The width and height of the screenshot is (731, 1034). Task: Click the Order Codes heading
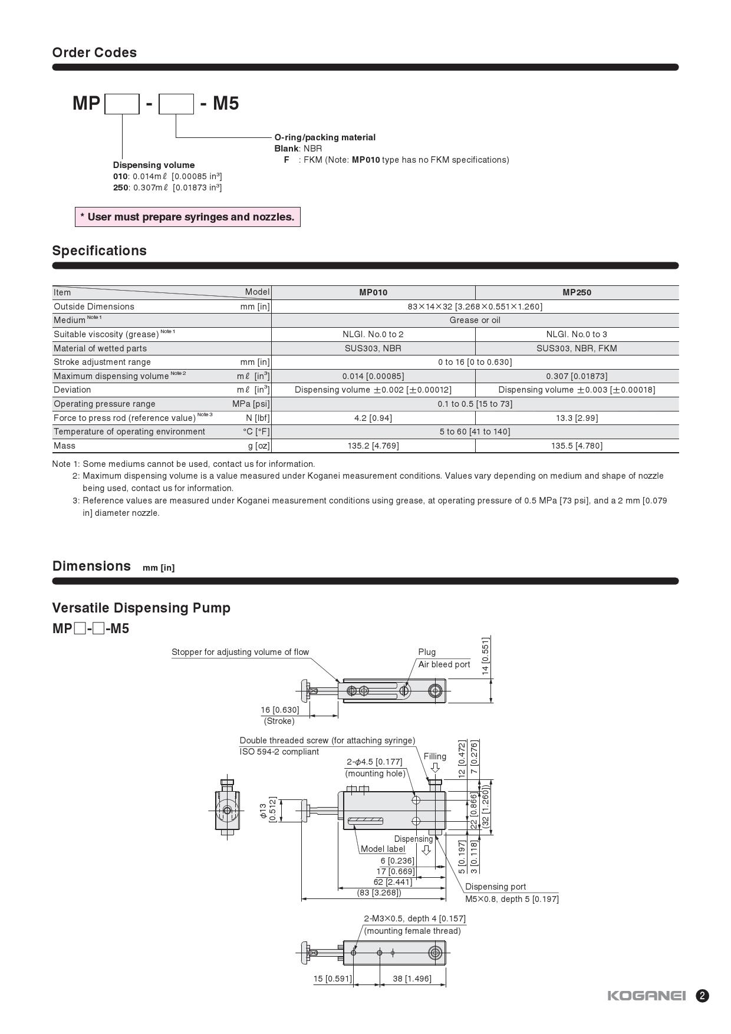click(x=94, y=52)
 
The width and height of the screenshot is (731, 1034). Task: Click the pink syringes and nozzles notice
click(x=187, y=217)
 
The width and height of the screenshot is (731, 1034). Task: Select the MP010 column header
click(x=373, y=292)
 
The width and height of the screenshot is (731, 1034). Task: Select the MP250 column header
click(x=577, y=292)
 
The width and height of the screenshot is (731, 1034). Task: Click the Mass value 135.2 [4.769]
click(x=373, y=446)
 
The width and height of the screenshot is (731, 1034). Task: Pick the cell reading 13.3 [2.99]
click(x=577, y=418)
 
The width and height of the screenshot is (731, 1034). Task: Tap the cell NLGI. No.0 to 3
click(x=577, y=334)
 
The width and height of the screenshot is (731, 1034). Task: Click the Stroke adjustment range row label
click(x=102, y=362)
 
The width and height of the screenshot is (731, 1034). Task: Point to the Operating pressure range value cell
click(x=475, y=404)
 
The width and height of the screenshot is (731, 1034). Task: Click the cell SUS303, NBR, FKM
click(x=577, y=348)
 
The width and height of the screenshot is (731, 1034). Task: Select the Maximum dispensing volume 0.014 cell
click(x=373, y=376)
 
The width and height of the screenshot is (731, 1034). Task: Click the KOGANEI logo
click(x=647, y=996)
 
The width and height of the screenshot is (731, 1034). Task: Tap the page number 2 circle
click(x=702, y=996)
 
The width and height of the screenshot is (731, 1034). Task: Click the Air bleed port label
click(x=444, y=664)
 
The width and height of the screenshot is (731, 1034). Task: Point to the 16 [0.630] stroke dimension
click(x=280, y=710)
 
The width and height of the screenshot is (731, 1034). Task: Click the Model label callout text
click(x=383, y=849)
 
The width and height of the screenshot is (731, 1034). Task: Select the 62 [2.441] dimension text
click(x=393, y=882)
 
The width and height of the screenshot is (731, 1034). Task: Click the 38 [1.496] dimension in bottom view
click(x=412, y=979)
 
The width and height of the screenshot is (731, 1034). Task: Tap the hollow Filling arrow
click(x=435, y=768)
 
